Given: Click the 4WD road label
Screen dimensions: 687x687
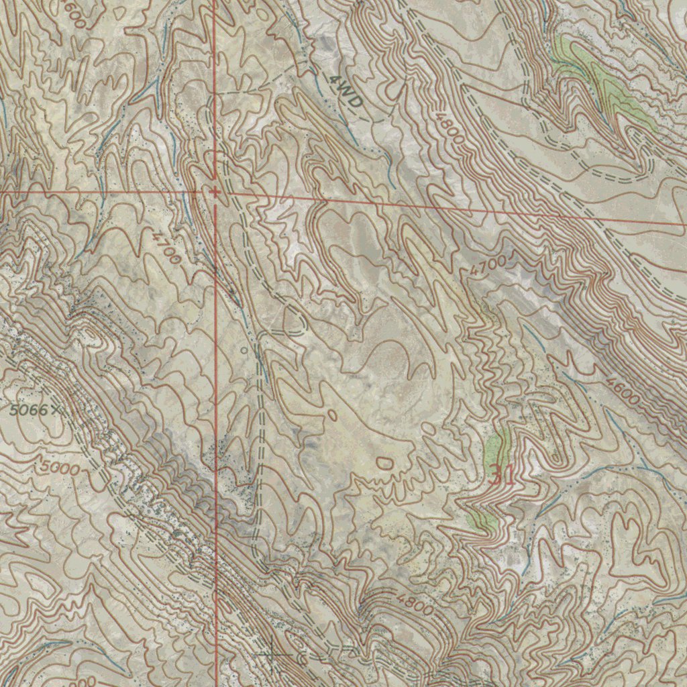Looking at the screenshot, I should [x=346, y=93].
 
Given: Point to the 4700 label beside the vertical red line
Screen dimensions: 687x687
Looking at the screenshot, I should [x=167, y=247].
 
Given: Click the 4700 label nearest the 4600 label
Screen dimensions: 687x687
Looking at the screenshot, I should [x=488, y=265].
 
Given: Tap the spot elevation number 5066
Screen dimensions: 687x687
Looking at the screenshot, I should [x=29, y=409].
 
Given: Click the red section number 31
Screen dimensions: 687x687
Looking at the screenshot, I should [x=502, y=475].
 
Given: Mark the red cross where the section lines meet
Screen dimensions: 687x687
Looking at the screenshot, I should [x=215, y=192].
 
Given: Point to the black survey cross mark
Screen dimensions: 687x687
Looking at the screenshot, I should [x=270, y=653].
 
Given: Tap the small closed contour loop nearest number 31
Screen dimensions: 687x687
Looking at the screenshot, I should [x=384, y=462].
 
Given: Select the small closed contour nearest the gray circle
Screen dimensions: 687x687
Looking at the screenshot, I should [x=333, y=415].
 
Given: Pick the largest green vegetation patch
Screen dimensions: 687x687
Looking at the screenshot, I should [x=604, y=84].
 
